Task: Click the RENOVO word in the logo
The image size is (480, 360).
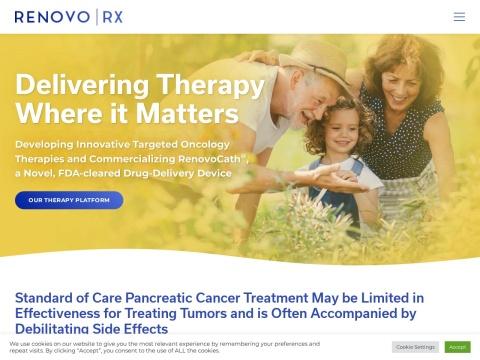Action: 53,17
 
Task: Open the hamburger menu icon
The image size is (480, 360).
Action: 459,17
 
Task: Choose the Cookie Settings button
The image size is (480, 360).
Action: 415,347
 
